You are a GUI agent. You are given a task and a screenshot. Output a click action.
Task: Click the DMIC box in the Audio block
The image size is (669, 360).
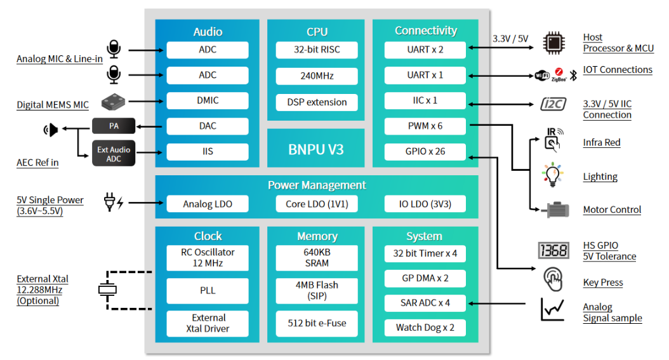[208, 101]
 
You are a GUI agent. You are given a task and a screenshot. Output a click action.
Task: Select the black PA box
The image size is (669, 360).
[114, 126]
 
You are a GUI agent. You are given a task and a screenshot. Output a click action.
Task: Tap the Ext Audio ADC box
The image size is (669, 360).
[114, 154]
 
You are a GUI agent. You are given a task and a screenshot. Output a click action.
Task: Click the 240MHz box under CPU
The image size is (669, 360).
[317, 76]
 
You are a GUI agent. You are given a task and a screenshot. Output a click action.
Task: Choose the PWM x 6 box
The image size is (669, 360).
[425, 126]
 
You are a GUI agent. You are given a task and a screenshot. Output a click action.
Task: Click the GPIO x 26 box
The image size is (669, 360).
[425, 151]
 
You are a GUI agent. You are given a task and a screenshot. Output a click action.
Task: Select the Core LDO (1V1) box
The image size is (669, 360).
[317, 204]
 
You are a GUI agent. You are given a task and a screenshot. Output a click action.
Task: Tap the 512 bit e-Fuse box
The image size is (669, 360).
[317, 323]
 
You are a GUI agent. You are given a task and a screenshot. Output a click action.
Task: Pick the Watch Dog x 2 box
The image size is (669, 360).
[425, 328]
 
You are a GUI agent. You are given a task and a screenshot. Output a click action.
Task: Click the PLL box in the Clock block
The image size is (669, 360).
[208, 290]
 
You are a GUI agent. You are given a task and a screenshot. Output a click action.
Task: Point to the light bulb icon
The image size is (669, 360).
[552, 175]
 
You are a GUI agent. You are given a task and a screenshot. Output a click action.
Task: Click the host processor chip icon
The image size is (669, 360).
[554, 43]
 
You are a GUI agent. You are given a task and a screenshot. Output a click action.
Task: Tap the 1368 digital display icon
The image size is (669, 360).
[553, 250]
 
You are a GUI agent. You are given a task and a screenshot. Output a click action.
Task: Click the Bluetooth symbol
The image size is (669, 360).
[573, 76]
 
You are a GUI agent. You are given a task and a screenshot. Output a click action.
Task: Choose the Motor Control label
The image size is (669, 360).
[612, 210]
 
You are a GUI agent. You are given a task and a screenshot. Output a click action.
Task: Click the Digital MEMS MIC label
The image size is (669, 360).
[53, 105]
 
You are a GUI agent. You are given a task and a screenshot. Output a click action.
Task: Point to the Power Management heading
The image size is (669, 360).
[317, 185]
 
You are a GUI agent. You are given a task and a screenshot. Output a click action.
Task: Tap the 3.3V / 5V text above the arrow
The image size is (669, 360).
[510, 39]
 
